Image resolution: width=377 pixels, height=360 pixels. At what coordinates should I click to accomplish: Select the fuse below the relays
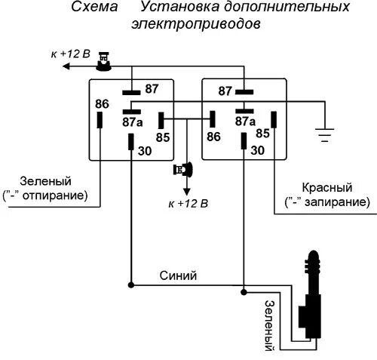coord(183,170)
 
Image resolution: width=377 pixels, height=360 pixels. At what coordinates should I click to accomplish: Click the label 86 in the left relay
coord(102,103)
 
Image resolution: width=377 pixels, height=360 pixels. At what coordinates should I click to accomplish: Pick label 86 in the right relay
coord(213,137)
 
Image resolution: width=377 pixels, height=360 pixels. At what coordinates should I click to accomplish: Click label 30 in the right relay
coord(257,150)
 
